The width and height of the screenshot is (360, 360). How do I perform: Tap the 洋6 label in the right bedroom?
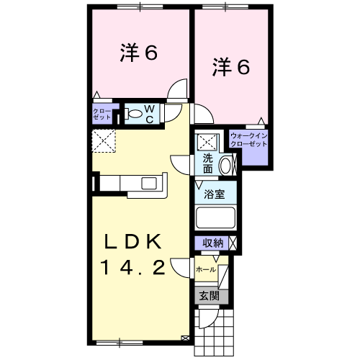(230, 67)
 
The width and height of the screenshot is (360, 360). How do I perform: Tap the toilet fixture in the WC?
(133, 112)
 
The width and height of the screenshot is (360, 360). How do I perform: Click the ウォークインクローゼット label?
(248, 140)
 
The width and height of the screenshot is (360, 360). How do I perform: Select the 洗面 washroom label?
(207, 163)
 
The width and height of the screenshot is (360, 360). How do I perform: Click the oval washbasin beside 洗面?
(225, 165)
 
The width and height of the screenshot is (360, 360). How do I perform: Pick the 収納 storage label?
(212, 243)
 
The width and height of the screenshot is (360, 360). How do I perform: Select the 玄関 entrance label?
(209, 295)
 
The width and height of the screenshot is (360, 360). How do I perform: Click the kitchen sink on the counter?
(151, 182)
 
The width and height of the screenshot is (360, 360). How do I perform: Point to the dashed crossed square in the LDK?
(103, 140)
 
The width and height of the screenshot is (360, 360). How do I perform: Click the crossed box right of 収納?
(233, 243)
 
